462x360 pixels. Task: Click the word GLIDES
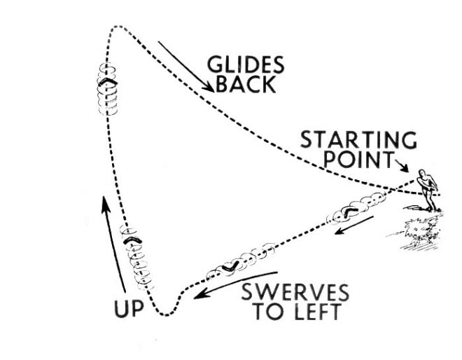click(246, 64)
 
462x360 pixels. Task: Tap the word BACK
click(246, 84)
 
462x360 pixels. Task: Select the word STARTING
click(359, 139)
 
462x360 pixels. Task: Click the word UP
click(129, 307)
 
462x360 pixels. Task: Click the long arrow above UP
click(113, 245)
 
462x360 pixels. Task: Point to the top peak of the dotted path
click(114, 27)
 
